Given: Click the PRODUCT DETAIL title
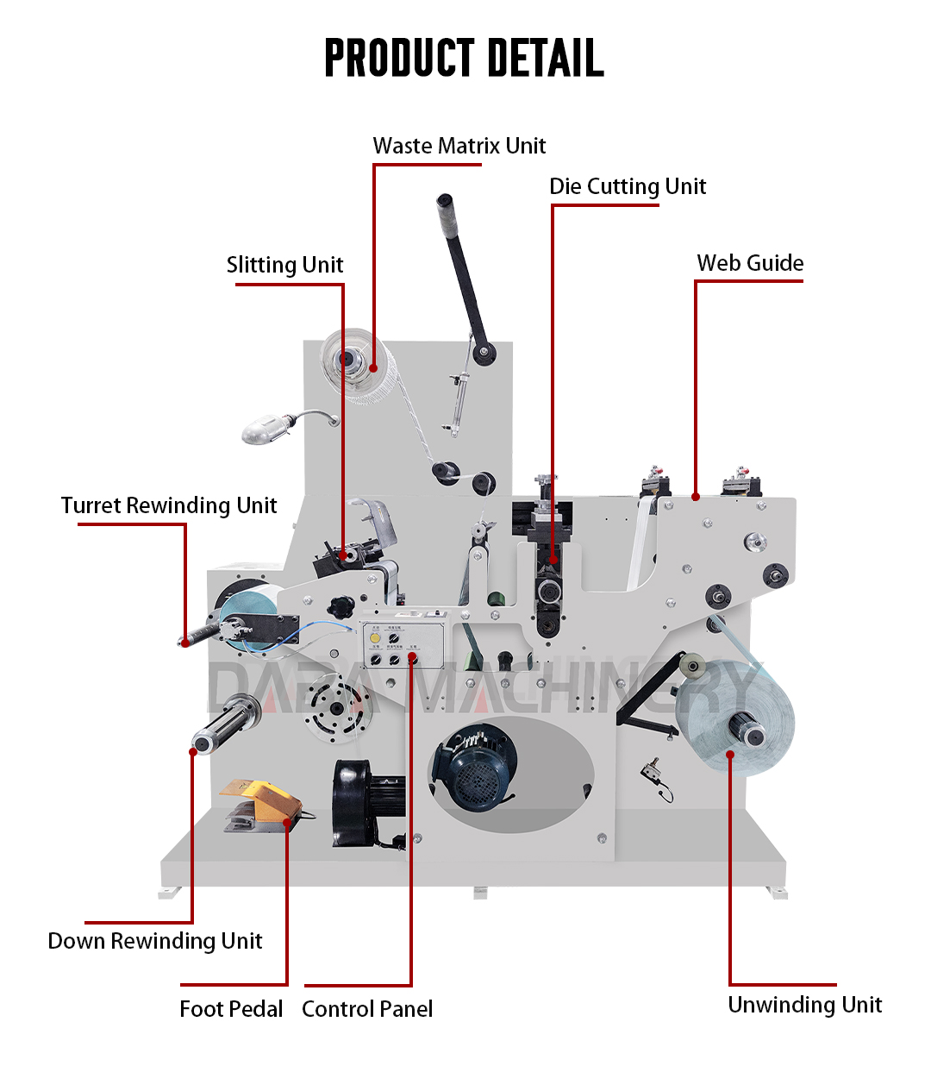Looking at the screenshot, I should (464, 58).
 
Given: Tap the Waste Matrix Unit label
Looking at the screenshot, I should (459, 146).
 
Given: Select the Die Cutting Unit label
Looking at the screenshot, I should (628, 186).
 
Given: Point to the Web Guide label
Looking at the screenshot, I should (750, 263).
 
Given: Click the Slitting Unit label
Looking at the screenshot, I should (284, 265).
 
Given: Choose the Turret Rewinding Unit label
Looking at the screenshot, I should (169, 505).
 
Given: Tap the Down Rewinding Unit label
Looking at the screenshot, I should (155, 941).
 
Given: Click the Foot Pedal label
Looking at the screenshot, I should (231, 1009).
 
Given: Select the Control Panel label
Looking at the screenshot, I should (367, 1009).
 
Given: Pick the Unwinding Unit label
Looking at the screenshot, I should (805, 1005).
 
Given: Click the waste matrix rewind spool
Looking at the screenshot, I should (353, 362).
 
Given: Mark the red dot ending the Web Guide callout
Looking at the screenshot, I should (696, 497).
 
